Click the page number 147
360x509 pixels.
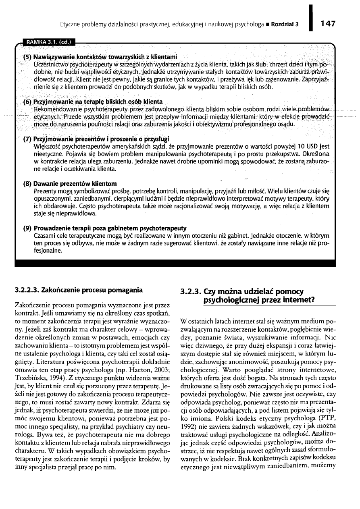(329, 23)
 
